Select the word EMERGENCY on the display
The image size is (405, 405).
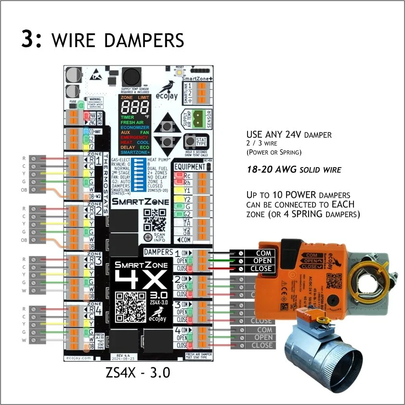click(x=134, y=137)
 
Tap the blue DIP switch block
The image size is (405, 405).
click(x=141, y=175)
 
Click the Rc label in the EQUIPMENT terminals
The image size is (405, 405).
click(x=187, y=176)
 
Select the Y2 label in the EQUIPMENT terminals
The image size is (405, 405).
click(x=187, y=198)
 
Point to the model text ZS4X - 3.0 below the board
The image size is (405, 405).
click(x=138, y=373)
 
